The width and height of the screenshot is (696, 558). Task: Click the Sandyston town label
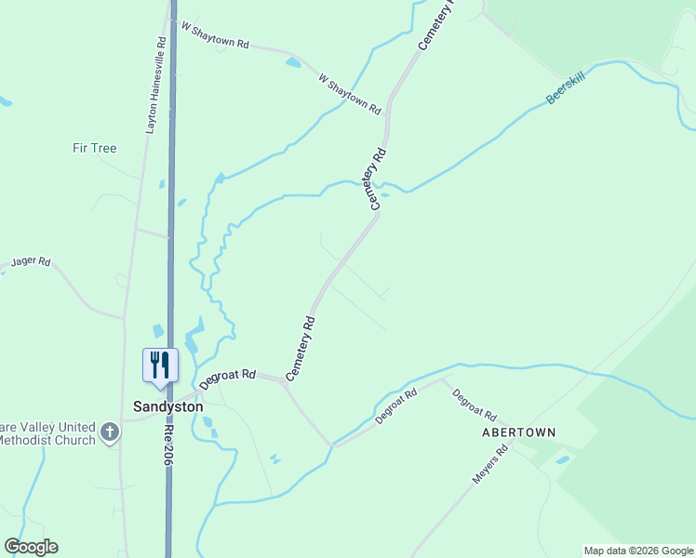pyautogui.click(x=167, y=406)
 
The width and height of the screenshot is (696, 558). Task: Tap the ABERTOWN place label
pyautogui.click(x=518, y=432)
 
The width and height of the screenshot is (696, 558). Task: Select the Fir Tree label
pyautogui.click(x=95, y=148)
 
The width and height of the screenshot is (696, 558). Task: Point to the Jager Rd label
pyautogui.click(x=31, y=262)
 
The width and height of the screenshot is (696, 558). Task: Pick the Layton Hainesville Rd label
pyautogui.click(x=154, y=86)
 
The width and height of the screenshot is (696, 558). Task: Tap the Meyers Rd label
pyautogui.click(x=489, y=464)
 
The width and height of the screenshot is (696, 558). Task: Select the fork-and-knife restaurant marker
pyautogui.click(x=160, y=364)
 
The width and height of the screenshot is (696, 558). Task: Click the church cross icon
pyautogui.click(x=110, y=432)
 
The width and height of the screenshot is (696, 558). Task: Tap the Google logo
pyautogui.click(x=31, y=547)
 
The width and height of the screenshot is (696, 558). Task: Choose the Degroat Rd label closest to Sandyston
pyautogui.click(x=227, y=378)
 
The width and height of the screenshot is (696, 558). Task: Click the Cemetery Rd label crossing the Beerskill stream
pyautogui.click(x=377, y=179)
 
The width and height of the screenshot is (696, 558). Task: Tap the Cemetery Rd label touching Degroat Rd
pyautogui.click(x=302, y=348)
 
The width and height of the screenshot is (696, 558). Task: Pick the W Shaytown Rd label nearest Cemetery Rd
pyautogui.click(x=350, y=94)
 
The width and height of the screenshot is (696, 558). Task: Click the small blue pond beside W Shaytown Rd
pyautogui.click(x=294, y=62)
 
